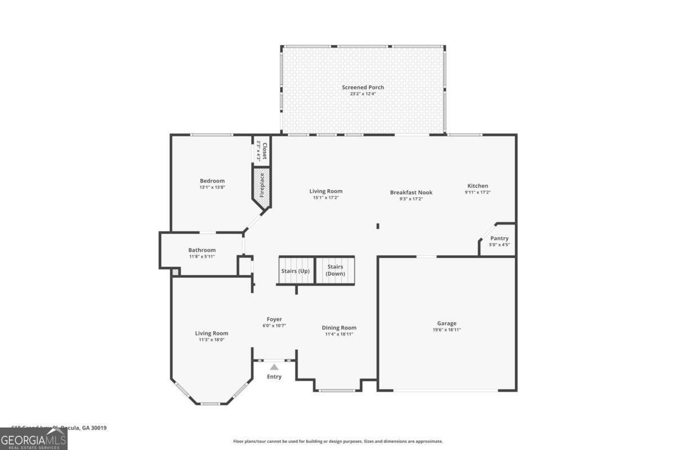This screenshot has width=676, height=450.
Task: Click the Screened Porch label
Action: click(363, 87)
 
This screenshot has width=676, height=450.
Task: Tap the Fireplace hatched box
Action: click(261, 188)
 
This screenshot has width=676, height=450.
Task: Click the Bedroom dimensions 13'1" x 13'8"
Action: click(212, 187)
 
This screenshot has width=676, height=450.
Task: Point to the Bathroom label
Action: click(202, 250)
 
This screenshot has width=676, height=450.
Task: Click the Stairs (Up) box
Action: click(296, 271)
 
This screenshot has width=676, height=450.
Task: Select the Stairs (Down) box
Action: click(336, 271)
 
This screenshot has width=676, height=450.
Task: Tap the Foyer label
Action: click(274, 319)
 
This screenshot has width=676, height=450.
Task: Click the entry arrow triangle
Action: click(274, 367)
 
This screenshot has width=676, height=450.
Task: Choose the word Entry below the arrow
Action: click(274, 377)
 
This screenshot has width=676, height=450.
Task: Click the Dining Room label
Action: click(339, 327)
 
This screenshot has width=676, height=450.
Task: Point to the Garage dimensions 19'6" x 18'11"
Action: click(447, 330)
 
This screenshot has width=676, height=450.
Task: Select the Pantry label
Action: click(499, 238)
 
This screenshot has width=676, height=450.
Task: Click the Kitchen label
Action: click(478, 186)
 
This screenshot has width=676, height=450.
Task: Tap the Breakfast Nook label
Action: click(411, 192)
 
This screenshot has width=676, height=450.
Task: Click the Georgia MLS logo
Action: click(34, 439)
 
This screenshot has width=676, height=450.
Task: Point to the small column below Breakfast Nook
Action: click(377, 226)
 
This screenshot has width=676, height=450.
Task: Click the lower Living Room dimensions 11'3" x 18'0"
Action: click(212, 340)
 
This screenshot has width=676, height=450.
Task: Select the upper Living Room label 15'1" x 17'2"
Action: click(326, 191)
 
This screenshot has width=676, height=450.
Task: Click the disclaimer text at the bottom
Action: click(338, 442)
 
